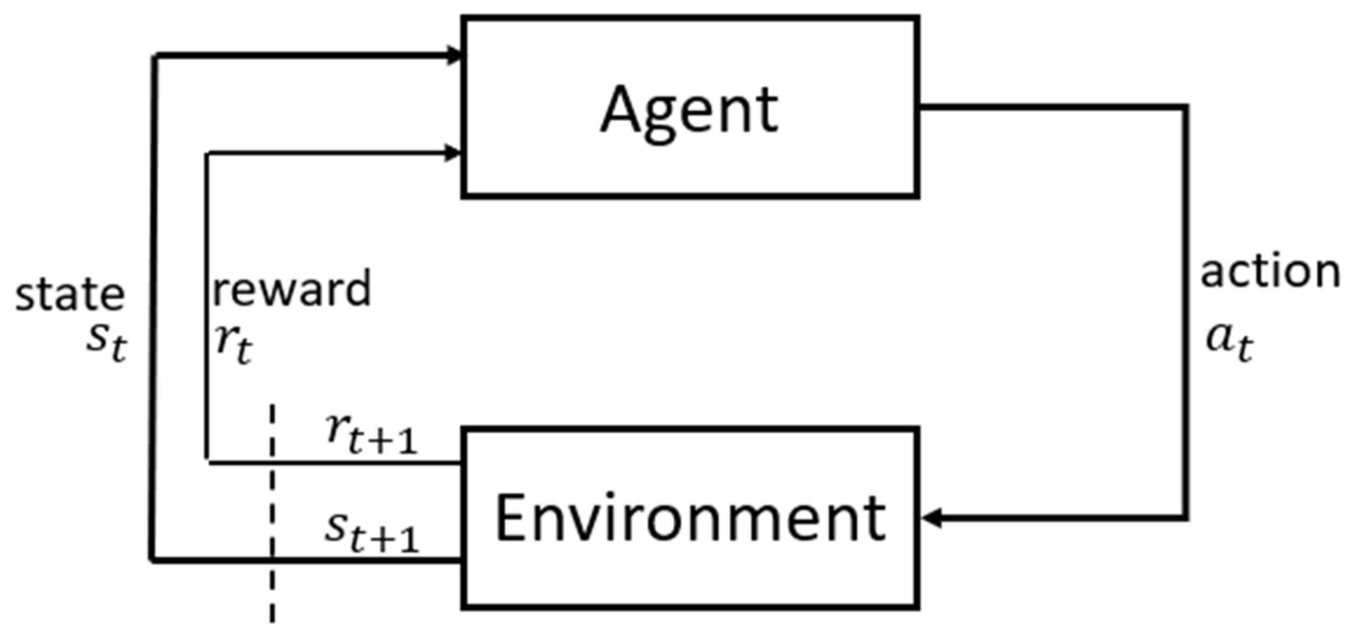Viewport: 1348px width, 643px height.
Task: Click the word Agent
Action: coord(689,111)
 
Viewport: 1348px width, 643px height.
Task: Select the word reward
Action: coord(291,289)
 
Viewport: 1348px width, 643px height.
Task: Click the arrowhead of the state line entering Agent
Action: coord(454,55)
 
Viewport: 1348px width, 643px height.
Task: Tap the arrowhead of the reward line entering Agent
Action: coord(452,153)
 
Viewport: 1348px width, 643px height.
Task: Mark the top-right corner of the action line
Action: coord(1185,108)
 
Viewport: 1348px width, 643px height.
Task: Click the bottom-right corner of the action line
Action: coord(1185,517)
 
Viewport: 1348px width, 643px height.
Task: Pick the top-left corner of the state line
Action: coord(154,56)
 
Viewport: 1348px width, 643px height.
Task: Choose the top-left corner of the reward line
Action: coord(207,154)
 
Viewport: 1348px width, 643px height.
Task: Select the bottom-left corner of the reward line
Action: coord(207,462)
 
